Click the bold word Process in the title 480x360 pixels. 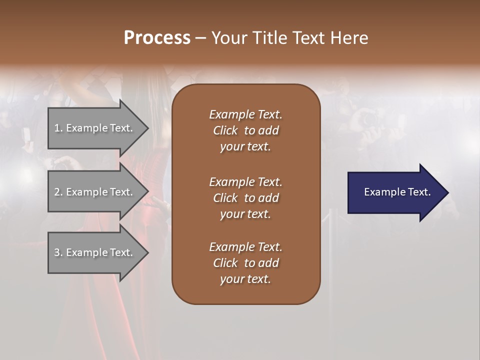[157, 38]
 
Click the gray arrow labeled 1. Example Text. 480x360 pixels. [95, 128]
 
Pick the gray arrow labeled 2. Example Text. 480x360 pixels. [95, 192]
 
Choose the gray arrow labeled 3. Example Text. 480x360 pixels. [95, 252]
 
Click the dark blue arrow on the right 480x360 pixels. [395, 192]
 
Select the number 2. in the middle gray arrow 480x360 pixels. [58, 192]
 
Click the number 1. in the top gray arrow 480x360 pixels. [58, 128]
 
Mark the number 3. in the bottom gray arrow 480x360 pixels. [58, 252]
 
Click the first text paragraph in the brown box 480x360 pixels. [245, 130]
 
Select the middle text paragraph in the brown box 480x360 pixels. [245, 198]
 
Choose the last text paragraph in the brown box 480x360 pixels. [245, 263]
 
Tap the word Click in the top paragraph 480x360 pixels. [225, 130]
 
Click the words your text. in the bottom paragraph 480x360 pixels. [245, 279]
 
